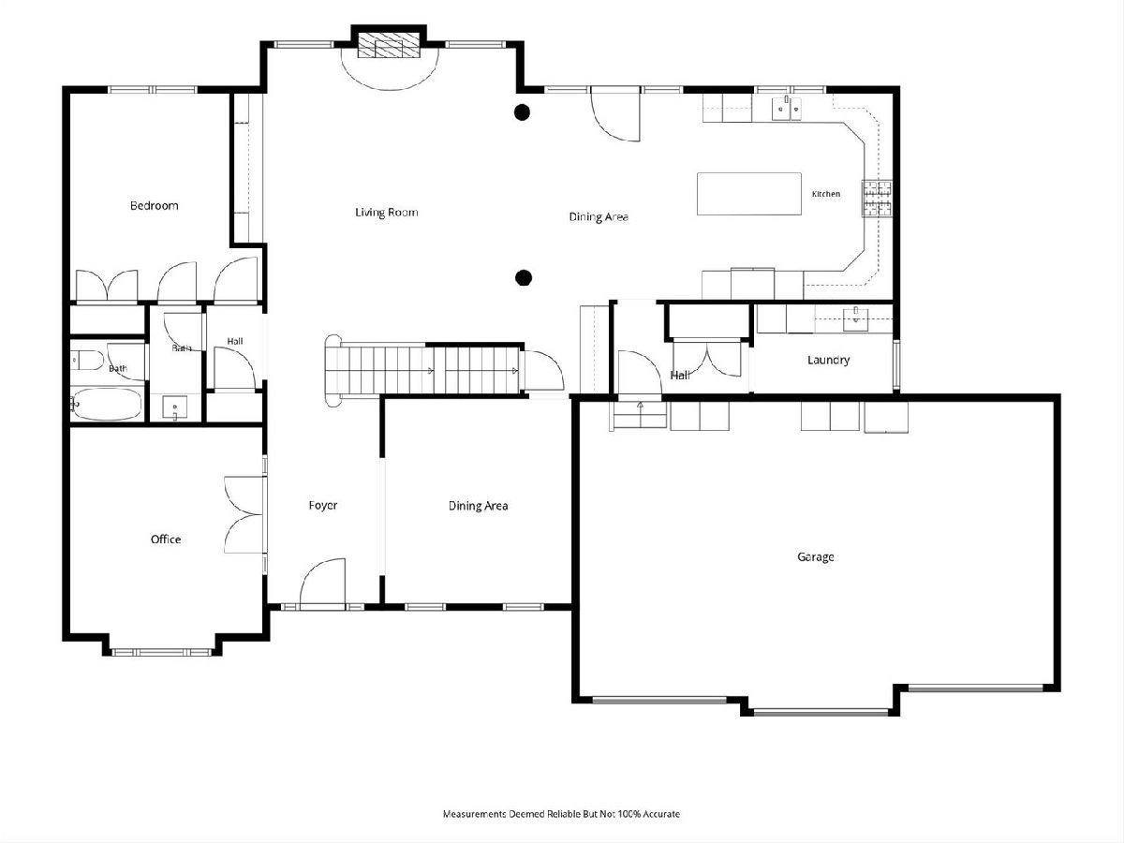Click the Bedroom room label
click(155, 206)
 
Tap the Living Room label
click(387, 213)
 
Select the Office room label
click(166, 539)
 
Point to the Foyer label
click(323, 505)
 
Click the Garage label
click(815, 557)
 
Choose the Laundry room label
click(829, 360)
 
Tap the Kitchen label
click(826, 194)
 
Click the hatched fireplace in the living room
click(388, 45)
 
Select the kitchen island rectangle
click(749, 194)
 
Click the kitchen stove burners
click(877, 199)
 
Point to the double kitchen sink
click(788, 108)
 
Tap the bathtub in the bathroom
click(107, 405)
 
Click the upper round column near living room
click(522, 112)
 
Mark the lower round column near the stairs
click(523, 278)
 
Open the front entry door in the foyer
click(322, 584)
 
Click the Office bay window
click(162, 652)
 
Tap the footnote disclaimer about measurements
click(561, 814)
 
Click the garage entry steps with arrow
click(640, 415)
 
